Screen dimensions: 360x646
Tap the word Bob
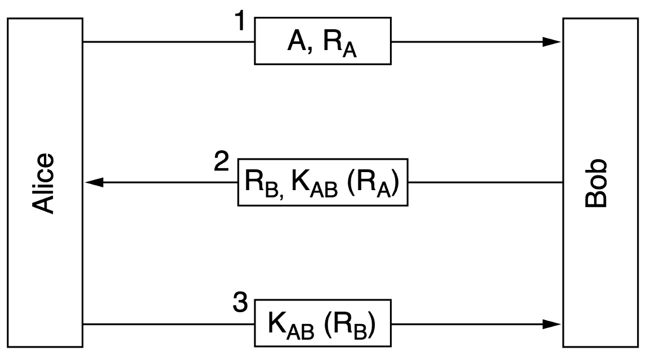pyautogui.click(x=597, y=184)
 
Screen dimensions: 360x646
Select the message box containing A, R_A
pyautogui.click(x=323, y=41)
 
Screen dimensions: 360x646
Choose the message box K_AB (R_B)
pyautogui.click(x=323, y=323)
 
